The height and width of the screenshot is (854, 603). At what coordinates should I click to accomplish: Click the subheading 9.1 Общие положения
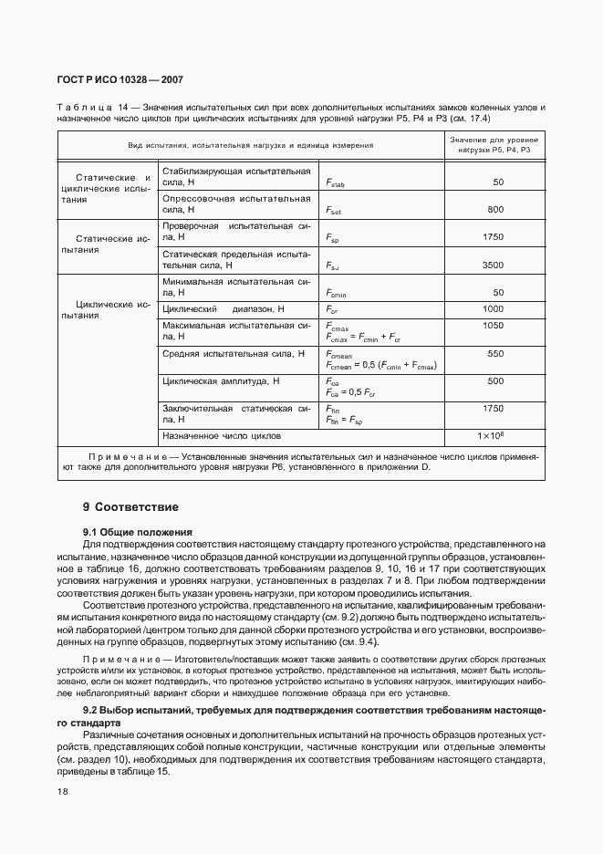coord(138,531)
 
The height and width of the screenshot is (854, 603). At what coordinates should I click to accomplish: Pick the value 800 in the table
coord(495,210)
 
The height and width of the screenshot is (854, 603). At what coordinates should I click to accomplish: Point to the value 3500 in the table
coord(493,265)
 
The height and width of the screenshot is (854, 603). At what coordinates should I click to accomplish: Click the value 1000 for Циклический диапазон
coord(493,309)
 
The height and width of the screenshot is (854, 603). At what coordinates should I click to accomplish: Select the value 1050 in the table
coord(493,325)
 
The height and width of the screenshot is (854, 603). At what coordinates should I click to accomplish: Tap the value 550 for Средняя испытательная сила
coord(495,353)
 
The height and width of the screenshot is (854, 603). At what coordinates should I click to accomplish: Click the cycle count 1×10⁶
coord(491,436)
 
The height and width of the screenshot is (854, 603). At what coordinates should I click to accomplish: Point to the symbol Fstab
coord(335,183)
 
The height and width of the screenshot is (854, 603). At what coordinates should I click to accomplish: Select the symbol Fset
coord(333,210)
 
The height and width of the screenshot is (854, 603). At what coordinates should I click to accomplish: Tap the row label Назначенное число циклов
coord(222,436)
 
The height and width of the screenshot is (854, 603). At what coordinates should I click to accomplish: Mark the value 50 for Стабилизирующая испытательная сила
coord(498,182)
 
